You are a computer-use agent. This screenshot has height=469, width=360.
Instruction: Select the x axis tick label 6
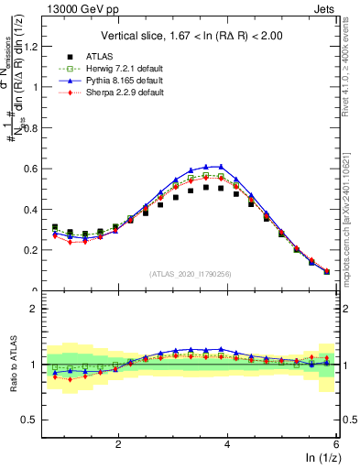click(337, 444)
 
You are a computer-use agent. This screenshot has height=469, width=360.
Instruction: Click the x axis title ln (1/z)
click(322, 458)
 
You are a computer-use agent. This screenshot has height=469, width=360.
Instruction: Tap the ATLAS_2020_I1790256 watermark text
click(191, 274)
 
